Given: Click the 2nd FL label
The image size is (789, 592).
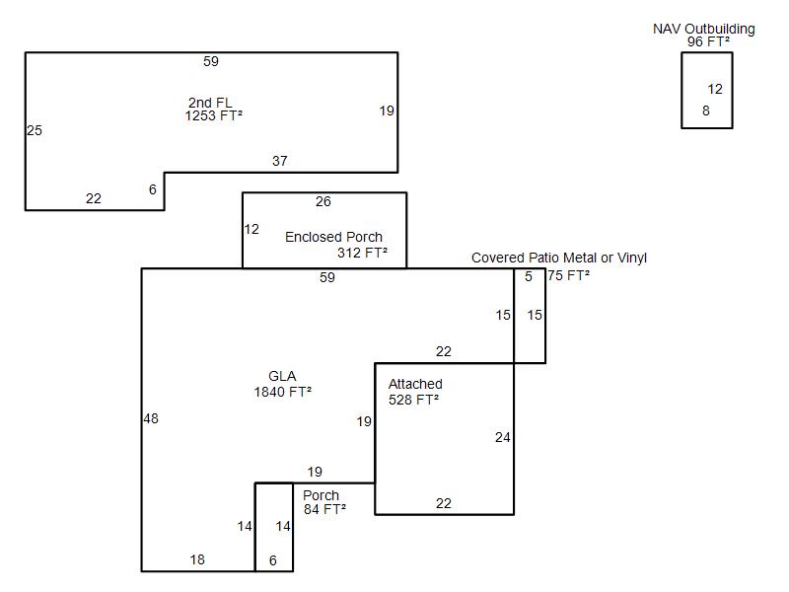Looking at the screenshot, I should pos(210,103).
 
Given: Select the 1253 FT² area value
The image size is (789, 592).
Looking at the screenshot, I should pos(213,115).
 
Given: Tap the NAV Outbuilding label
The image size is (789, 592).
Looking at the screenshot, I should pos(703,29).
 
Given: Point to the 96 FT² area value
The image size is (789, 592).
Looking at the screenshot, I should pos(708,41).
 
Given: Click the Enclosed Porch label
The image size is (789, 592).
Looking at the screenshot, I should pos(333,237).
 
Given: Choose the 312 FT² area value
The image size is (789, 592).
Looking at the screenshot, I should pos(362,253).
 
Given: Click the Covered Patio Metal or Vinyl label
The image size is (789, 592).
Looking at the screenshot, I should pos(558,258).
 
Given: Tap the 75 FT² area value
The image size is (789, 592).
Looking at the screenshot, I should pos(569,275).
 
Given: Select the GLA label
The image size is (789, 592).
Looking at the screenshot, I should pos(282,376).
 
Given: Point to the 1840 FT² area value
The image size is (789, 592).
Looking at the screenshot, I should pos(282,392).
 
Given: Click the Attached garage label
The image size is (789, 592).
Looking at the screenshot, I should pos(415,384).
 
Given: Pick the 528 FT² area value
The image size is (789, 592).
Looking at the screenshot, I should pos(413,400).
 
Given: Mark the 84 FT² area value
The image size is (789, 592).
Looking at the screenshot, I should pos(324,509).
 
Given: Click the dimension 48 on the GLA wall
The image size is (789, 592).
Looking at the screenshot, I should pos(150,418).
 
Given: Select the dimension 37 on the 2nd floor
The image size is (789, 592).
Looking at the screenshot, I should pos(279,161).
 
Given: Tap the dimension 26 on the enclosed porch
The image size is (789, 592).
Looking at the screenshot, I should pos(323,201).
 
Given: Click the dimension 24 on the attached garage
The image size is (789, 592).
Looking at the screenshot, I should pos(502,437).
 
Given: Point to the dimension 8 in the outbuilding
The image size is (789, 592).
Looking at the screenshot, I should pos(706,111).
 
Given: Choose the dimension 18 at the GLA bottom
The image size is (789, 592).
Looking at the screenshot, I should pos(197,559).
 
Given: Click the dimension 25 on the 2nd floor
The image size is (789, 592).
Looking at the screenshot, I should pos(35,130).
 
